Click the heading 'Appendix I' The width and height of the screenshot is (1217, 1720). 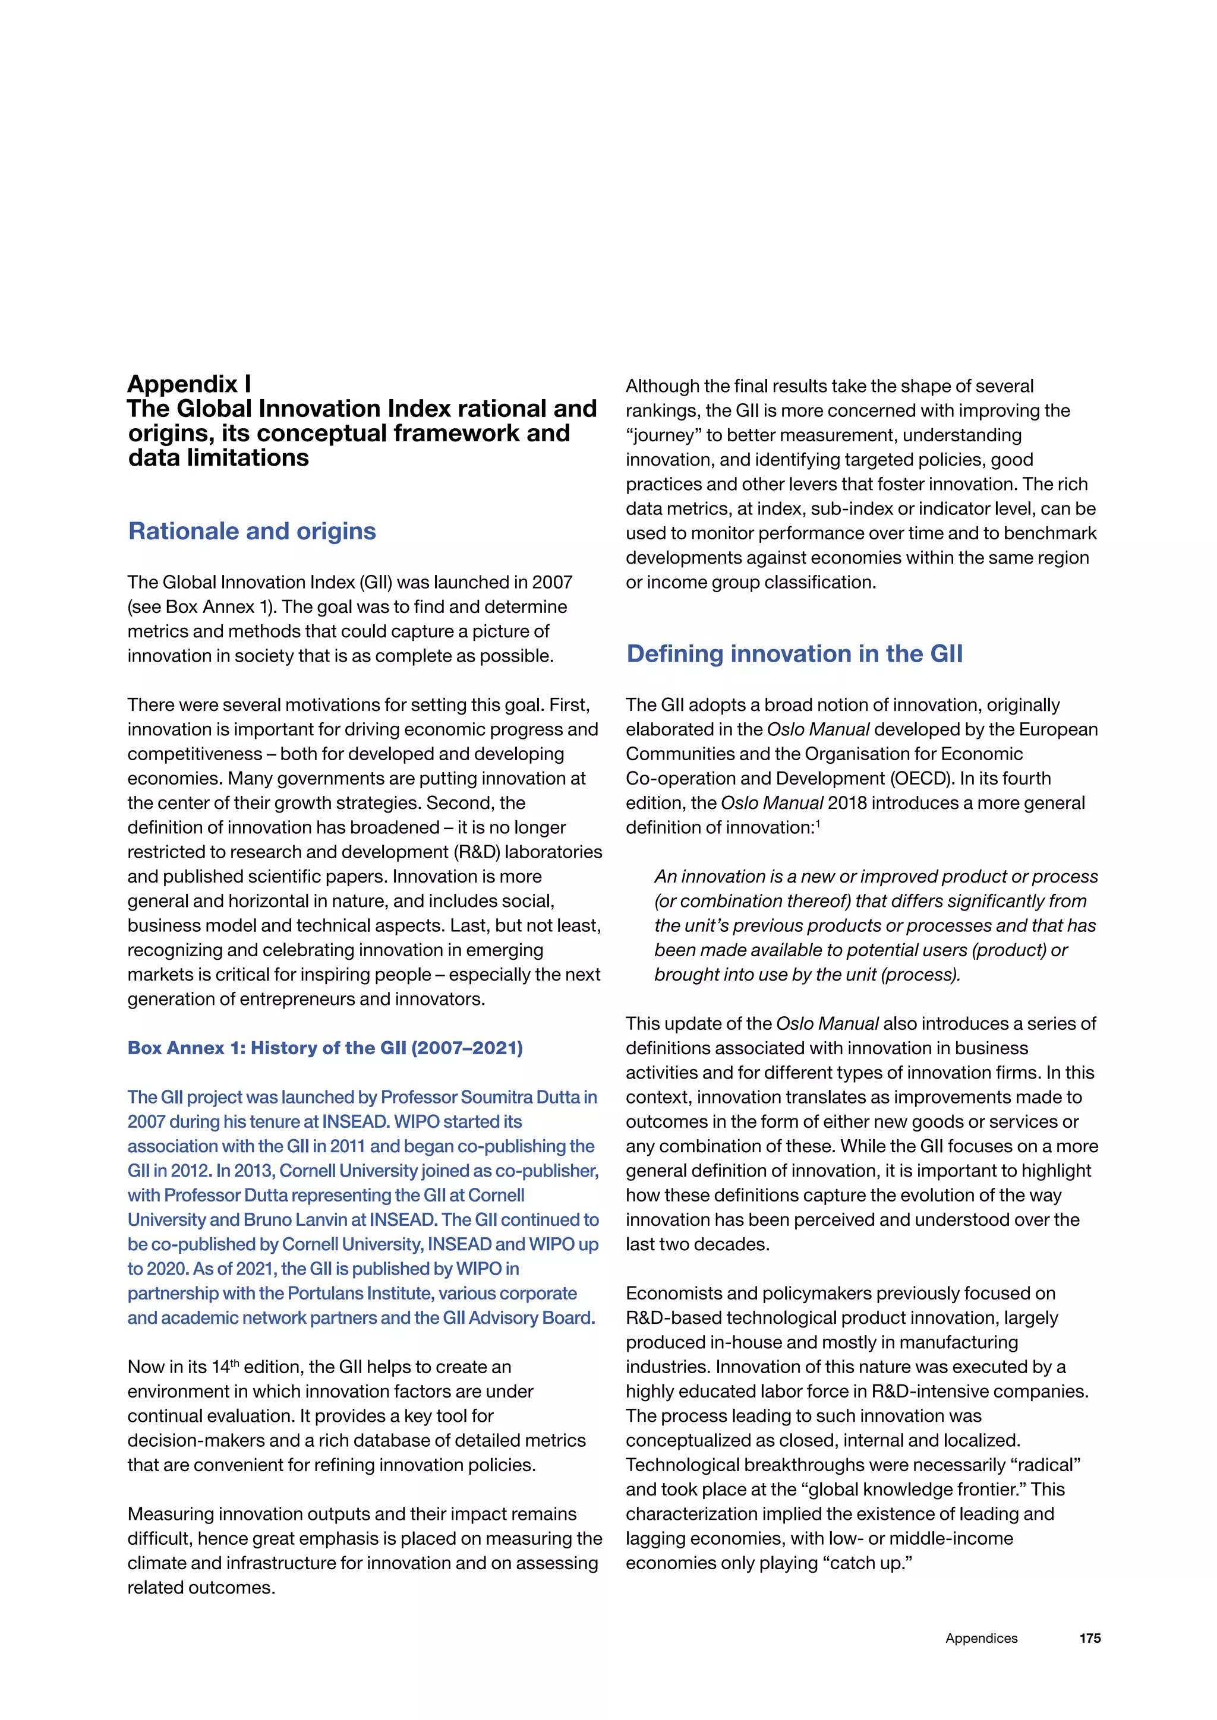189,384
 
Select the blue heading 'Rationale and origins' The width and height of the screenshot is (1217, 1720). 252,531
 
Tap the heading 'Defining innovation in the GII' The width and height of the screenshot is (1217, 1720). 794,654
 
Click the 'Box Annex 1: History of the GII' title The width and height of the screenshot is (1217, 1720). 324,1048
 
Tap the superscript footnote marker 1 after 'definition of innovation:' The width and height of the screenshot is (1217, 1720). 818,823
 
